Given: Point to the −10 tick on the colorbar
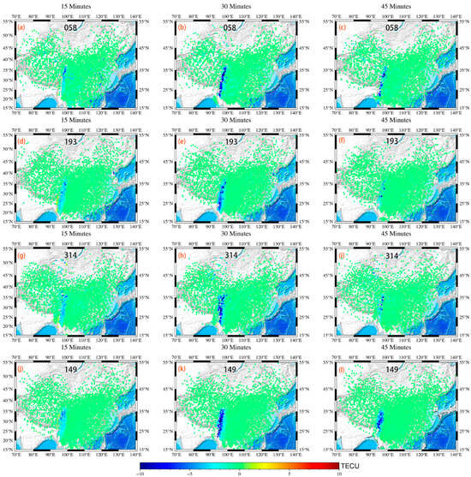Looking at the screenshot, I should [142, 473].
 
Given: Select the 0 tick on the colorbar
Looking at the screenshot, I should [241, 473].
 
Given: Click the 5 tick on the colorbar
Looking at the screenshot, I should [289, 473].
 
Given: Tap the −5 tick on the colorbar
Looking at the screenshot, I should [191, 473].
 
